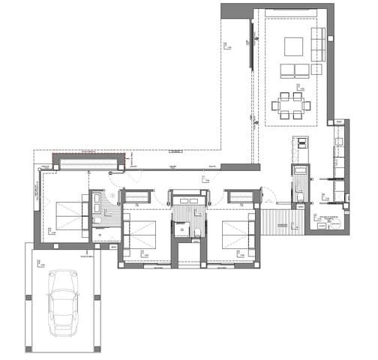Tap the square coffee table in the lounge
pos(292,47)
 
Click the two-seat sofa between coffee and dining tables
pos(294,70)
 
